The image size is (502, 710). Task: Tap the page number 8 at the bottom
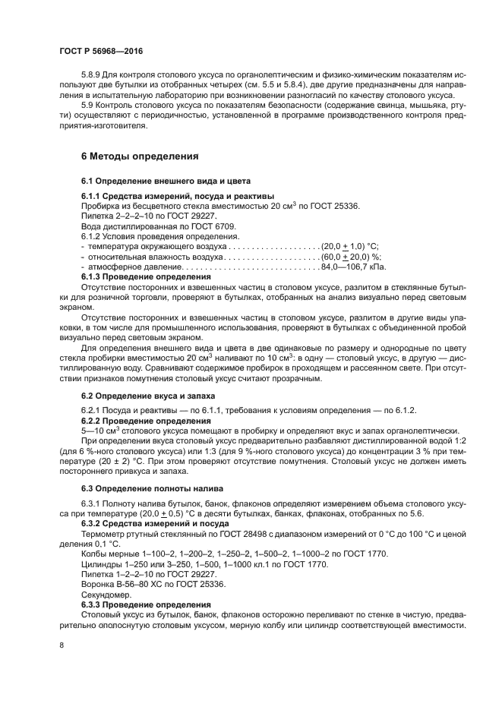coord(62,645)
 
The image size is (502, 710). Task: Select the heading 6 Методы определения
coord(140,156)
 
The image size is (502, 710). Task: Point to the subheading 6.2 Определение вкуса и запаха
coord(148,396)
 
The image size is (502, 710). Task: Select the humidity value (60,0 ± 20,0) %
coord(351,257)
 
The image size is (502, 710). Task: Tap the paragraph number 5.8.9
coord(93,76)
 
